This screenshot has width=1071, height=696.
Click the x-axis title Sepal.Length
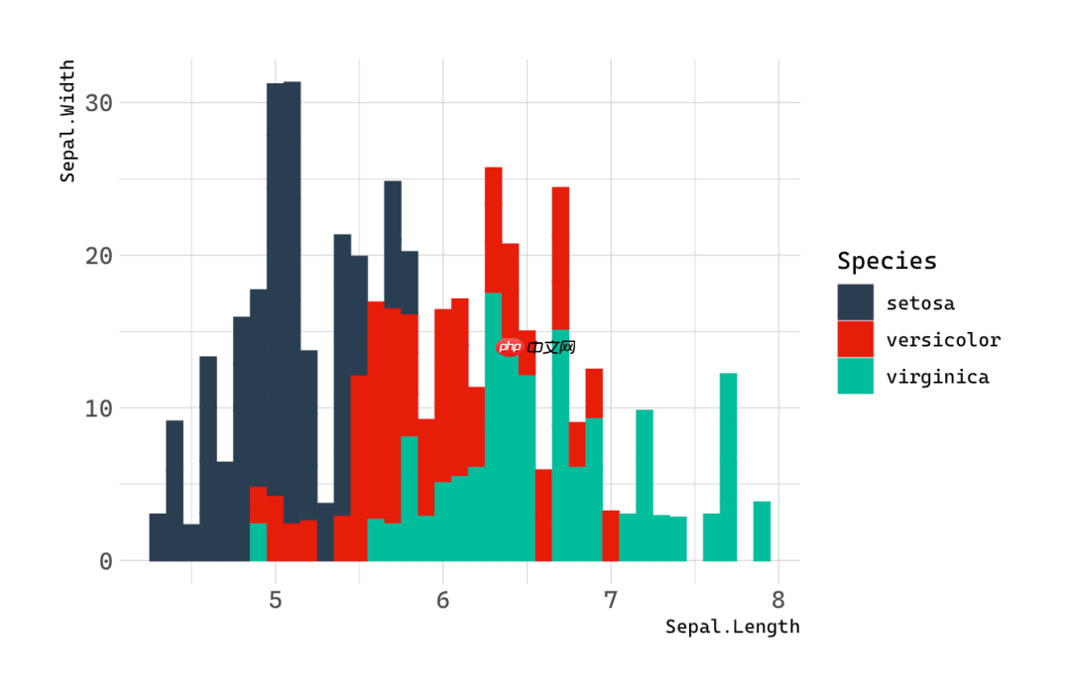[x=732, y=627]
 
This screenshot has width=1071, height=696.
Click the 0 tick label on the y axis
[x=106, y=561]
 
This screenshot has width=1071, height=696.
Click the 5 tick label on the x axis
[x=276, y=600]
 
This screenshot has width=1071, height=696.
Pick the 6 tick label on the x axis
[x=443, y=600]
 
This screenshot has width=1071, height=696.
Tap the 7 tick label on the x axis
[x=611, y=600]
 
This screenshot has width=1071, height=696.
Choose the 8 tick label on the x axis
[x=778, y=600]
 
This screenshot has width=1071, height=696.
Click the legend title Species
[x=887, y=261]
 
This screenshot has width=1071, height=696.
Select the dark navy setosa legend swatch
[x=855, y=302]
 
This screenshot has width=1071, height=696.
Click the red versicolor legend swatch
[x=855, y=339]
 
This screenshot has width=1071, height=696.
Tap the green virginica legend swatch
[x=855, y=376]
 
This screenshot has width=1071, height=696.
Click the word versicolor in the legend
[x=943, y=340]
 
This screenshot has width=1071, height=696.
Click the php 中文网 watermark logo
[x=535, y=347]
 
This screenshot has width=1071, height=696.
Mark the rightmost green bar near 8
[x=762, y=531]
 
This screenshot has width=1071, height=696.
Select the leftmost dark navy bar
[x=158, y=537]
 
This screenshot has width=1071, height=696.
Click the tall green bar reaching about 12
[x=728, y=466]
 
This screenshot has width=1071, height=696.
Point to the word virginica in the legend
[x=937, y=377]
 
